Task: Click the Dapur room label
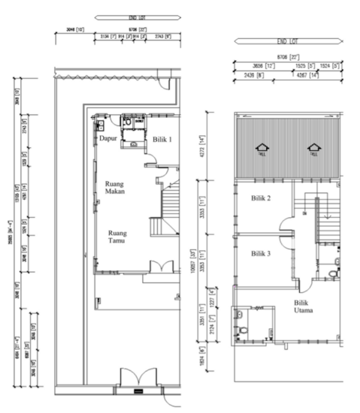(x=108, y=139)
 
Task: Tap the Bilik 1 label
(x=163, y=140)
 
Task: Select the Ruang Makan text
(x=114, y=186)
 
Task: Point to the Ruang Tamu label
(x=116, y=237)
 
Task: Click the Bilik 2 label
(x=259, y=198)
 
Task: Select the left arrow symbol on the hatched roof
(x=261, y=148)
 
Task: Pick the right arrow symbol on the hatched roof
(x=313, y=148)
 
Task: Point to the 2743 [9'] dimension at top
(x=165, y=36)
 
